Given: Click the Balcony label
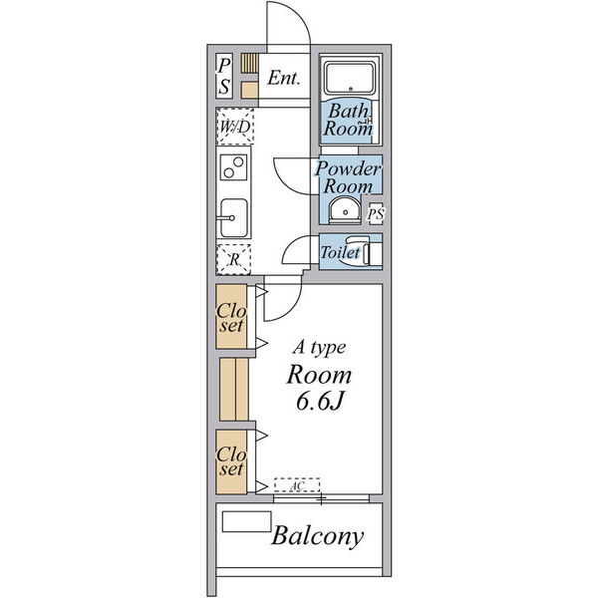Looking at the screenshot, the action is [x=317, y=537].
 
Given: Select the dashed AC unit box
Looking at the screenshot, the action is [x=297, y=485].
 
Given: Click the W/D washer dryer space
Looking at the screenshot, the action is [x=235, y=127].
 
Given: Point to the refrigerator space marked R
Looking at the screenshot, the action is [x=234, y=259].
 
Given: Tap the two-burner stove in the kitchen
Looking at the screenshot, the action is [x=233, y=167].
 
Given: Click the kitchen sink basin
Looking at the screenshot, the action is [x=233, y=217].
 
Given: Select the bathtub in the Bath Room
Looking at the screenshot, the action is [x=350, y=78].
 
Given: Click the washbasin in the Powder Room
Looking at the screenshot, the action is [x=345, y=210].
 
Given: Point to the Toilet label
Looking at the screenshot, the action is [x=340, y=252].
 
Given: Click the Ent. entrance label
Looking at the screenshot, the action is [x=283, y=78].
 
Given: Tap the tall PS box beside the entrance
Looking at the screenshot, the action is [x=224, y=76].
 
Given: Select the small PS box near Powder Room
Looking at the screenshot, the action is [x=376, y=214].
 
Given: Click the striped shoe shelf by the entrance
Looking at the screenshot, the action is [x=250, y=63].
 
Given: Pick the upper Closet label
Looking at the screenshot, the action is [x=231, y=318].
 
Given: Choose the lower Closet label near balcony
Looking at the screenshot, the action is [x=231, y=461].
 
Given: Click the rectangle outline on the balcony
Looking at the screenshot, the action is [x=247, y=521].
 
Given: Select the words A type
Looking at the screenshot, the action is [x=320, y=348].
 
